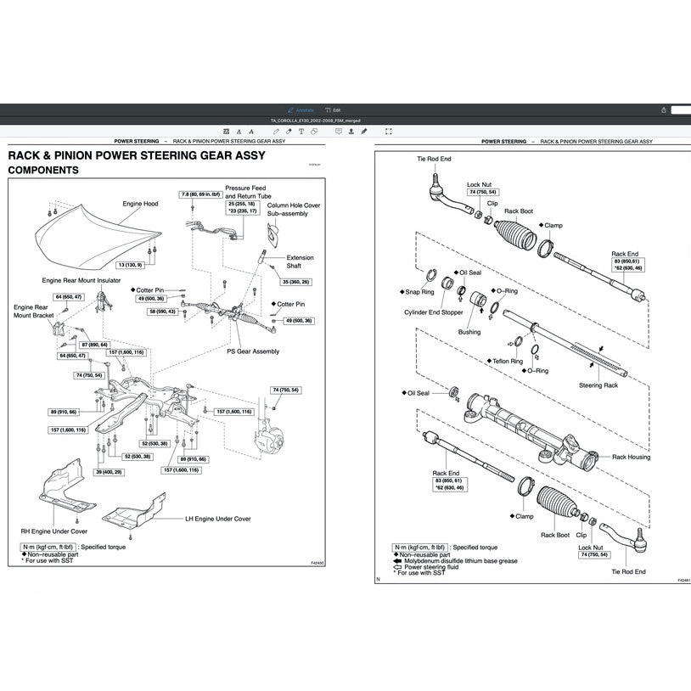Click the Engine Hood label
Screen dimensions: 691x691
click(x=140, y=204)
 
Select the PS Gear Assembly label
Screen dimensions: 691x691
click(x=252, y=351)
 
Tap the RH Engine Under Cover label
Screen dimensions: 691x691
click(x=54, y=531)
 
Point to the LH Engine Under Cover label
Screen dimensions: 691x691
click(x=218, y=518)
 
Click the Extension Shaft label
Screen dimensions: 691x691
click(x=300, y=261)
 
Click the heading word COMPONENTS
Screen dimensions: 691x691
click(x=43, y=170)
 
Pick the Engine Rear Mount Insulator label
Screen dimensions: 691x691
click(x=81, y=280)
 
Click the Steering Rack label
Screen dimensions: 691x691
click(x=598, y=385)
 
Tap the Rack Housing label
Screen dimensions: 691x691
click(x=631, y=457)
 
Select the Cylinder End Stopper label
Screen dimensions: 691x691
click(x=434, y=312)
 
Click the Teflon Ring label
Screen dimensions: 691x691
click(x=507, y=361)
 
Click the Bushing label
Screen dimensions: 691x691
click(x=469, y=332)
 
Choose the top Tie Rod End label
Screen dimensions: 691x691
click(x=434, y=159)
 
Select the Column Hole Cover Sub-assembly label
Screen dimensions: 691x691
click(x=294, y=210)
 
